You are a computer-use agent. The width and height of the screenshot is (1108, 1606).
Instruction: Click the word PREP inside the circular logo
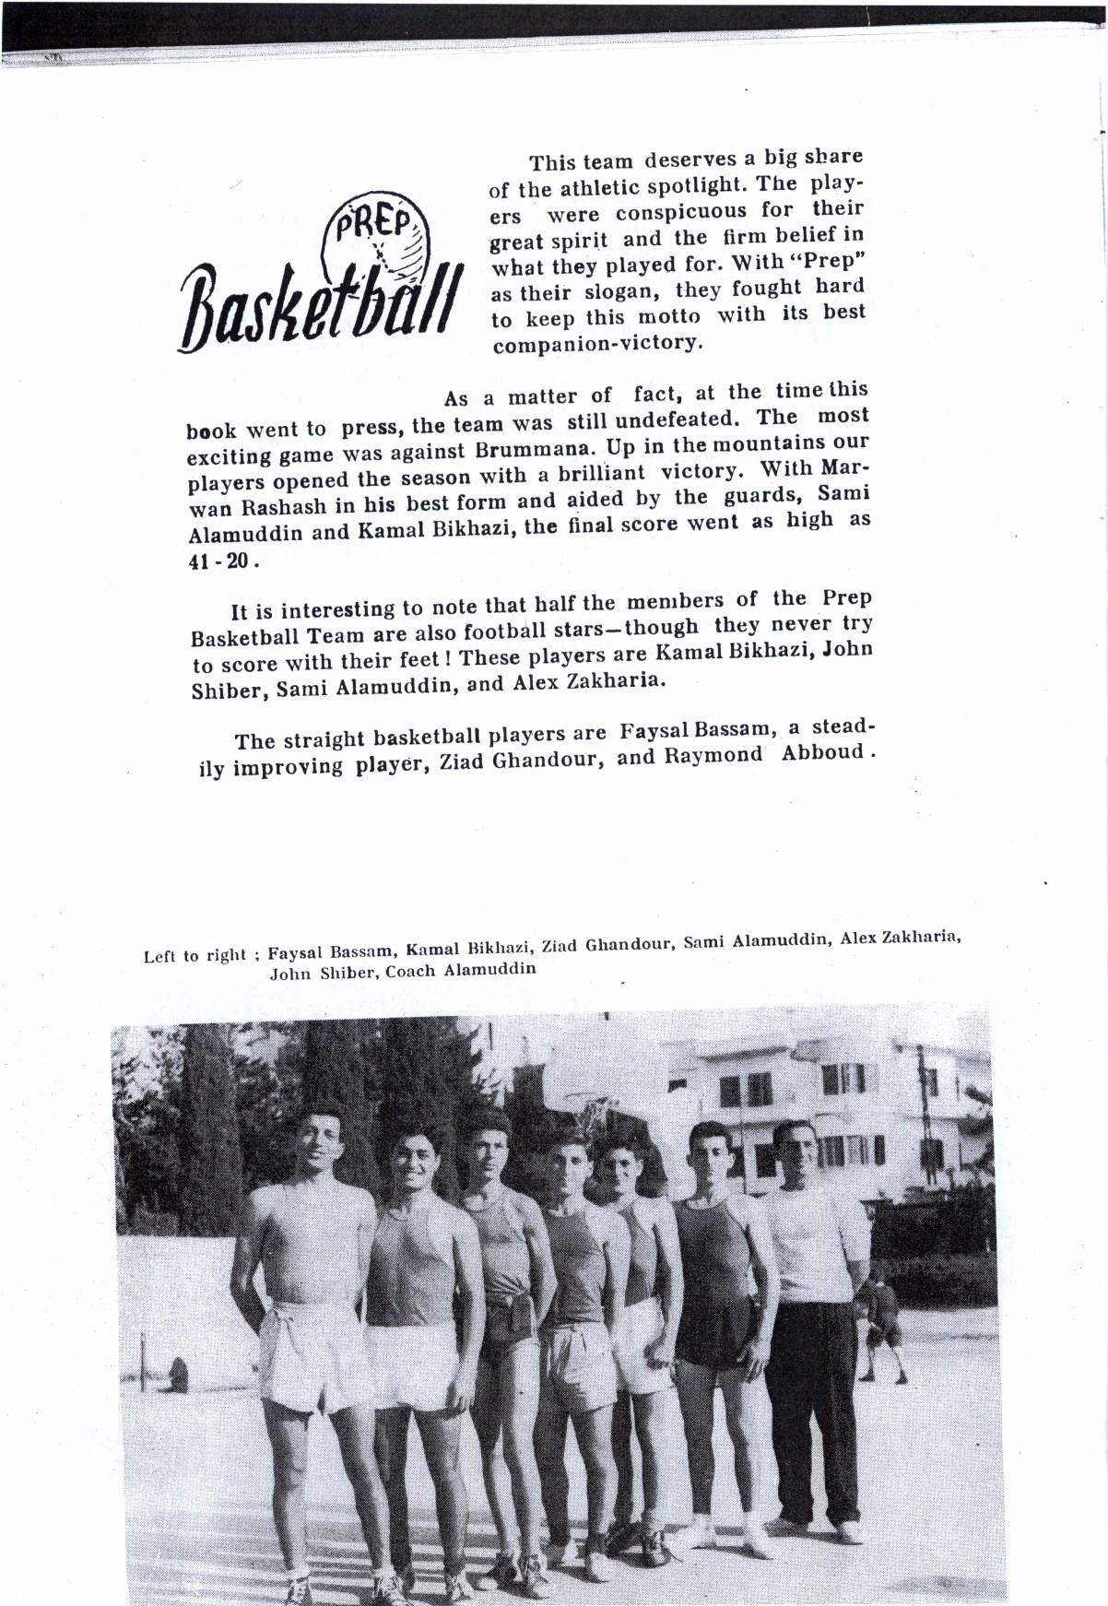[x=373, y=223]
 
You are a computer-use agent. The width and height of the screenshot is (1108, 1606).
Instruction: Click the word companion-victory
[x=598, y=344]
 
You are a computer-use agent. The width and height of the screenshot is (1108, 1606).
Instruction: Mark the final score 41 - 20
[x=218, y=560]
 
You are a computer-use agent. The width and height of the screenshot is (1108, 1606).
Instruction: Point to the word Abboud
[x=819, y=750]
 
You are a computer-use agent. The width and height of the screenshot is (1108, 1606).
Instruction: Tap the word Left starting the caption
[x=160, y=956]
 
